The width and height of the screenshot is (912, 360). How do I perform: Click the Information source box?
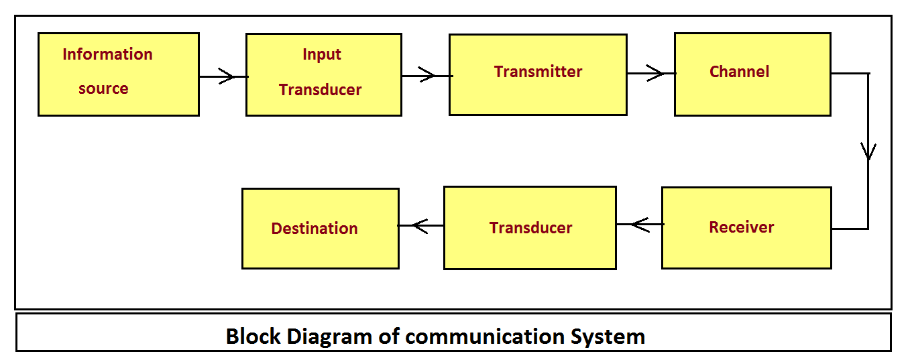(119, 74)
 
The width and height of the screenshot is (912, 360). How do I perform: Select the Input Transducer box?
(324, 74)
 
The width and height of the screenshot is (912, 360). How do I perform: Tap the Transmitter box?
(538, 74)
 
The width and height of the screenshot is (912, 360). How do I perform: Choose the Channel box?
(752, 74)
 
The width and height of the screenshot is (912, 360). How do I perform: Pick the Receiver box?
(746, 228)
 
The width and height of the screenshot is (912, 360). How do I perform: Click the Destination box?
(320, 229)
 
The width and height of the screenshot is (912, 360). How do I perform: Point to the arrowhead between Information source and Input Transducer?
(227, 76)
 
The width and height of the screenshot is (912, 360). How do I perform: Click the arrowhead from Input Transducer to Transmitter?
(426, 76)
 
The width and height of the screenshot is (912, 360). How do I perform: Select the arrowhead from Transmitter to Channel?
(656, 73)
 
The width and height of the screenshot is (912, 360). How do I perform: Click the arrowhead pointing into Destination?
(420, 225)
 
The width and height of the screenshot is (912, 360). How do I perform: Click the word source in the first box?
(103, 88)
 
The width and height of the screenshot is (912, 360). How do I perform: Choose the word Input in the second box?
(322, 54)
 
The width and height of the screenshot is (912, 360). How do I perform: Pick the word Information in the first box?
(107, 54)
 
